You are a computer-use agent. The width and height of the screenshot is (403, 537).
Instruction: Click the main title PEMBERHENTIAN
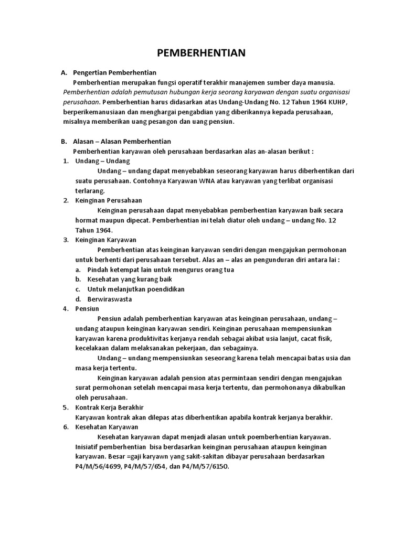(x=202, y=53)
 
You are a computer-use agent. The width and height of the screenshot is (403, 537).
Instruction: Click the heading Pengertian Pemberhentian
(x=115, y=72)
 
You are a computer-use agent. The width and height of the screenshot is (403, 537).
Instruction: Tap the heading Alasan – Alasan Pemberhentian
(x=122, y=142)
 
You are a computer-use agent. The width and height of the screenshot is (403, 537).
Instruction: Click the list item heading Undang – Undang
(x=102, y=161)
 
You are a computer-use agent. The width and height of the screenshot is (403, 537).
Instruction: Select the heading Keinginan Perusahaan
(x=109, y=200)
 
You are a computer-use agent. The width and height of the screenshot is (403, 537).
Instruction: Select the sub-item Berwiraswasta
(x=110, y=299)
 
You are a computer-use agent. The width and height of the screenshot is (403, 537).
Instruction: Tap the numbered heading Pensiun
(x=87, y=308)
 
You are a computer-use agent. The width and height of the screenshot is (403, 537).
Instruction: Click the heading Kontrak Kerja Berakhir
(x=109, y=407)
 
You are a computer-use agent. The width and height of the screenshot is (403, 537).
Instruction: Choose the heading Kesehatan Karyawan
(x=107, y=427)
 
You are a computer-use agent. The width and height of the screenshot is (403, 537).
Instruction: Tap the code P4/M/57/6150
(x=207, y=466)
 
